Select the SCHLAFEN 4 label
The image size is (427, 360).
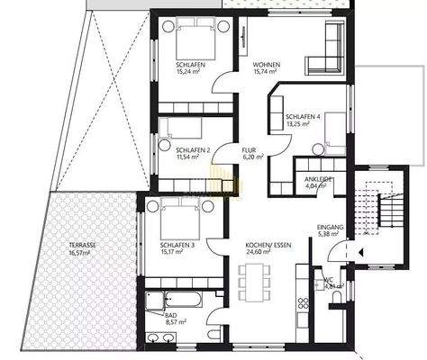(x=303, y=118)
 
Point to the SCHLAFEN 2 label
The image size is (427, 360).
(x=193, y=150)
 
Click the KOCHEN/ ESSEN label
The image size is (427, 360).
(x=268, y=245)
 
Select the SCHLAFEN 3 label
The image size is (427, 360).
(x=177, y=245)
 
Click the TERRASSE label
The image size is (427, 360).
(x=86, y=246)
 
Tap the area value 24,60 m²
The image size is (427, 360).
(x=268, y=253)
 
